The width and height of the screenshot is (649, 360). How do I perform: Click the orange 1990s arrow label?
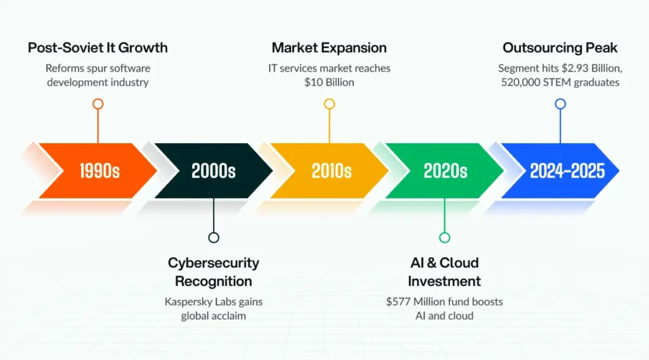(100, 171)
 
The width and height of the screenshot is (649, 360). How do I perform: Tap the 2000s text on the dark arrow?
(213, 171)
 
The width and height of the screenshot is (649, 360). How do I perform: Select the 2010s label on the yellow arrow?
(331, 171)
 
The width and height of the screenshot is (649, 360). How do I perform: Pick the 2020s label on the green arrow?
(446, 171)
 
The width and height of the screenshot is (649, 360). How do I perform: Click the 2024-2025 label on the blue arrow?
(567, 171)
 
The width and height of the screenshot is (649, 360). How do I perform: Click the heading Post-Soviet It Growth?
(98, 48)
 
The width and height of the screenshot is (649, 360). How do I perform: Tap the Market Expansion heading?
(329, 48)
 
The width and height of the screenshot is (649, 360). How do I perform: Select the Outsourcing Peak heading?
(560, 48)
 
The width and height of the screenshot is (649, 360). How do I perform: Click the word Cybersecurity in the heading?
(214, 263)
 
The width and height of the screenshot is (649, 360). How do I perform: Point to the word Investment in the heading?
(444, 281)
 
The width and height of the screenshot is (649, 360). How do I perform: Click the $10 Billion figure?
(329, 82)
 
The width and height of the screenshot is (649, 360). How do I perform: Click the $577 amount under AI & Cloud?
(398, 302)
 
